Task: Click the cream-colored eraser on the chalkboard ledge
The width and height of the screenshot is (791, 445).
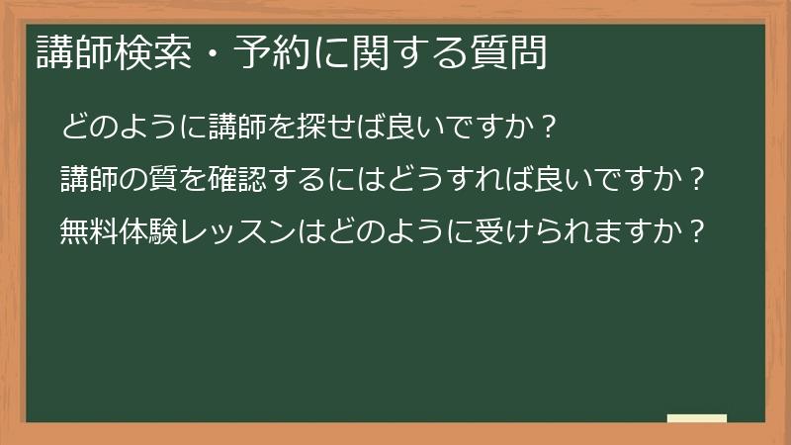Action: [x=697, y=419]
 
